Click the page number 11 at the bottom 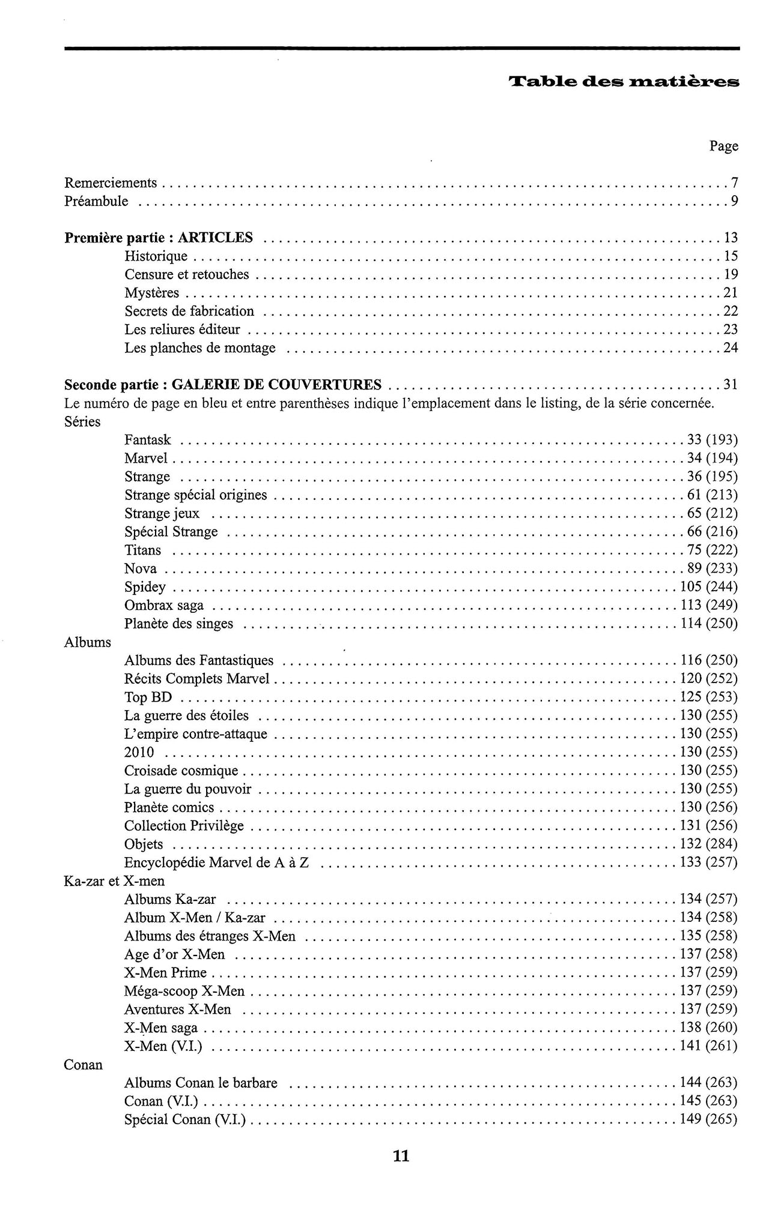(x=401, y=1156)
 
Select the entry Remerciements (x=111, y=182)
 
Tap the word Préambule (x=96, y=201)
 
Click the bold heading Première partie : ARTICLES (x=159, y=238)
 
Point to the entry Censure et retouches (x=186, y=274)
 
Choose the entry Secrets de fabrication (x=189, y=311)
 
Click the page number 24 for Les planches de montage (x=730, y=348)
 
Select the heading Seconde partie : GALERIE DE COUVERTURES (x=222, y=384)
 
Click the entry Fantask (x=147, y=440)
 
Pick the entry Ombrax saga (x=163, y=605)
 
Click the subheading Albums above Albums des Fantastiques (x=88, y=642)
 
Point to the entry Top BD (x=148, y=697)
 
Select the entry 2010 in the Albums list (x=139, y=752)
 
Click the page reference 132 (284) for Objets (x=709, y=844)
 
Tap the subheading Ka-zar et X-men (x=114, y=881)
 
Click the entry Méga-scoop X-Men (x=184, y=991)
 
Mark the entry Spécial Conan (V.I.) (x=184, y=1119)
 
